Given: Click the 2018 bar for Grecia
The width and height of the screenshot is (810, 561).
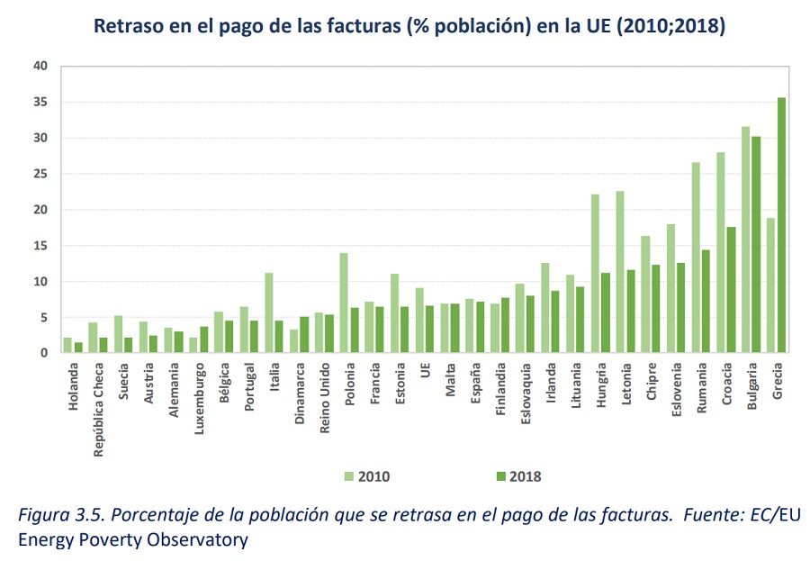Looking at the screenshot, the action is click(781, 225).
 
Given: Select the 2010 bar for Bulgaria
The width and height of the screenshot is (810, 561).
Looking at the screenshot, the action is click(745, 240).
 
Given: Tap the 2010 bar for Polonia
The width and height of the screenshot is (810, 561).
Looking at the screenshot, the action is click(344, 303).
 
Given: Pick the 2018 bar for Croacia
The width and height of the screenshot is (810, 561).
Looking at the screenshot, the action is click(731, 290).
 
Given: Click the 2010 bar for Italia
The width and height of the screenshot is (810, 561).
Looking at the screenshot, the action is click(268, 312).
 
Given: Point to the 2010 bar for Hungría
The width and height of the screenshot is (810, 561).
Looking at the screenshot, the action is click(595, 274).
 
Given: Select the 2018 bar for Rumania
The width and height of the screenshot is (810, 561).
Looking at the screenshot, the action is click(706, 302).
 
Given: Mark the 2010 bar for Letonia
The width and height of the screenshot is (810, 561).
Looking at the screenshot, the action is click(620, 272).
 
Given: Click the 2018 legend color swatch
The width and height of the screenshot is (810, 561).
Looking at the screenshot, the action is click(500, 476).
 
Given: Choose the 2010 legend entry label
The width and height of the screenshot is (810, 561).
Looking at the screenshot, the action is click(374, 476).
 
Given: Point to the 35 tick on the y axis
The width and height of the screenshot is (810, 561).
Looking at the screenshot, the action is click(40, 102).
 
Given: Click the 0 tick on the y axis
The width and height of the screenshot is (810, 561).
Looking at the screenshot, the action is click(44, 353).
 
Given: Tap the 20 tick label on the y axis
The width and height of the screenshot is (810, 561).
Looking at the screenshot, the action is click(40, 210).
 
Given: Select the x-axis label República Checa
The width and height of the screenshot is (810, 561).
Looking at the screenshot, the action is click(98, 410).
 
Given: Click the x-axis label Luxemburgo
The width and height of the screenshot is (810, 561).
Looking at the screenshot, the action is click(200, 399).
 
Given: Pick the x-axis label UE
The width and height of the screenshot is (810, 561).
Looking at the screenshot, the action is click(425, 370).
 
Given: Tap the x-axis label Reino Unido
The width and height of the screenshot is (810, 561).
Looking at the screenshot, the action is click(324, 398).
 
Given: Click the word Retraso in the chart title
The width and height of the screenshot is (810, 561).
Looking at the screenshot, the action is click(129, 25).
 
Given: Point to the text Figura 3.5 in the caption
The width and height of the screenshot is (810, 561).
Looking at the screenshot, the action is click(61, 515).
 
